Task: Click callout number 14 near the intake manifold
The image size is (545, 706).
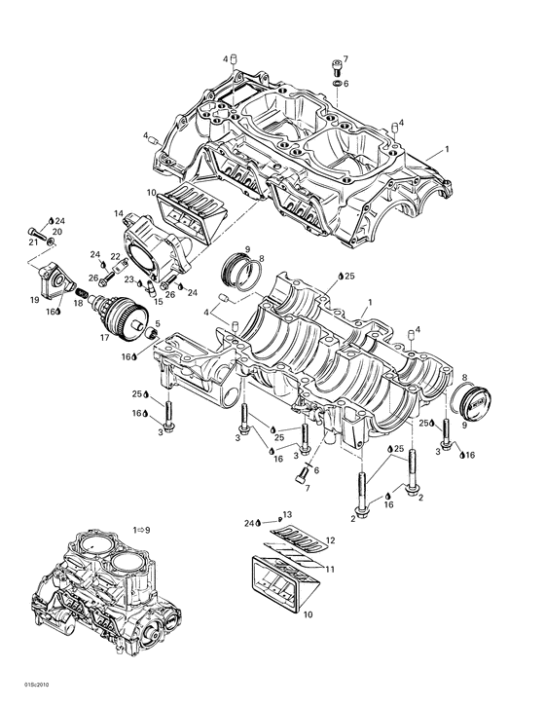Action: point(118,213)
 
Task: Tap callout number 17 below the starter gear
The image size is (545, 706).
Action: point(105,339)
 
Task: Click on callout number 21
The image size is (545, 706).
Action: point(33,242)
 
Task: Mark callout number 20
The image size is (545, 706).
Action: point(56,232)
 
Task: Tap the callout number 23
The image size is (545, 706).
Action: point(128,279)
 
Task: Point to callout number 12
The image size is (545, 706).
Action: point(330,540)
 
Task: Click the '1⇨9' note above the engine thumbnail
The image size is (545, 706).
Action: point(142,529)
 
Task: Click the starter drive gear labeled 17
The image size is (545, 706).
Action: point(123,317)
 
